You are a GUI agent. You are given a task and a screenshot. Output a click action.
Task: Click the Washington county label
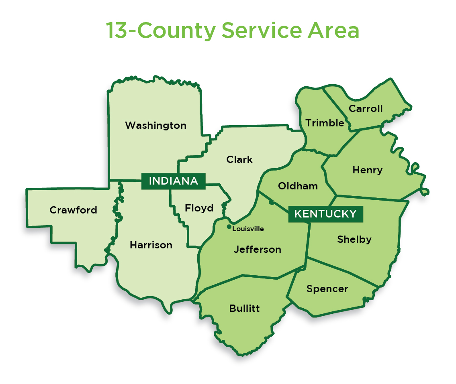[155, 126]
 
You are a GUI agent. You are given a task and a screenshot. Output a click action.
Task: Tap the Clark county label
[239, 160]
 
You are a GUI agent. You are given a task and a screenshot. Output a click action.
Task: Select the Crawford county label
[73, 210]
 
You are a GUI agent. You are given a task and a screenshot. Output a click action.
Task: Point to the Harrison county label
[151, 245]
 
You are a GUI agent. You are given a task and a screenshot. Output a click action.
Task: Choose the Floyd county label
[199, 208]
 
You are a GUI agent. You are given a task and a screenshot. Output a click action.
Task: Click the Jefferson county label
[258, 250]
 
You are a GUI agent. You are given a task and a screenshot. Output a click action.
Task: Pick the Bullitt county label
[244, 309]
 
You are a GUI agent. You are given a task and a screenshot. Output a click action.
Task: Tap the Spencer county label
[327, 289]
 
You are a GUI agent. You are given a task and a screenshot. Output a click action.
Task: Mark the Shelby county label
[354, 240]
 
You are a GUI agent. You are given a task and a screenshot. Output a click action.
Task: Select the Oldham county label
[298, 186]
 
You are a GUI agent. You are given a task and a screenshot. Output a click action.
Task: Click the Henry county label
[367, 170]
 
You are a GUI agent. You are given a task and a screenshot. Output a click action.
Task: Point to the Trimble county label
[325, 123]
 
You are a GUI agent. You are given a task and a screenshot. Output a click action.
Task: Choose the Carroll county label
[366, 109]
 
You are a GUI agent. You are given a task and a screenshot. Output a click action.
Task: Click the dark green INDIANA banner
[173, 181]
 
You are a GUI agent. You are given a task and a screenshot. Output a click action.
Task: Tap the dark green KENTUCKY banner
[325, 214]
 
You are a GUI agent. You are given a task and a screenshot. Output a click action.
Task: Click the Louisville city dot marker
[229, 227]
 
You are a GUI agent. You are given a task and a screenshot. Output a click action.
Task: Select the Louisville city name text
[248, 229]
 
